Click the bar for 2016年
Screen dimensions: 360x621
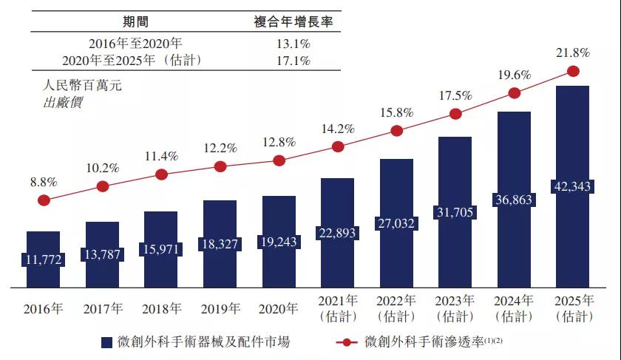point(44,259)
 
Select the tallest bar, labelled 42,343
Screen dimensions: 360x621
point(572,185)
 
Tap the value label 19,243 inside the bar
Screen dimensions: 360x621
point(279,241)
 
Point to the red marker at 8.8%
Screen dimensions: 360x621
point(44,200)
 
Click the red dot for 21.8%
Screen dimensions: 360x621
point(572,71)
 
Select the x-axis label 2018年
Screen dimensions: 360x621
point(162,308)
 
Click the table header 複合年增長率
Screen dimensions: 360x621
point(293,21)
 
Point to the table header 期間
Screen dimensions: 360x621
point(133,21)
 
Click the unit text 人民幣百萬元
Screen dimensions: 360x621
point(82,85)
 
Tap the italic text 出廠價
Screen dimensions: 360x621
point(64,102)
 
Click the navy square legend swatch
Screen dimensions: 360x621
point(106,342)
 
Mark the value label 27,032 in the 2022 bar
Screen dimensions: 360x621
point(396,224)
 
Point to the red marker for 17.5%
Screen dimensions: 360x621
point(455,114)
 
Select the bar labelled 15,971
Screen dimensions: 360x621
point(161,248)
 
